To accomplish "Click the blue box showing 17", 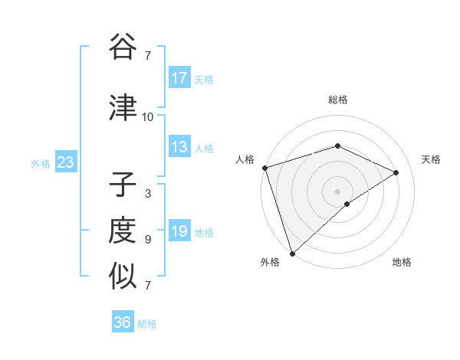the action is click(x=179, y=78).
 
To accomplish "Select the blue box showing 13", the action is click(x=179, y=147).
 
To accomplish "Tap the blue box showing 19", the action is click(x=179, y=231).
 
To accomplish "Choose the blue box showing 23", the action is click(x=65, y=162).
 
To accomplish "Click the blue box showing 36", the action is click(x=123, y=322).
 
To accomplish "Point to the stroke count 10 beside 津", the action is click(x=147, y=117).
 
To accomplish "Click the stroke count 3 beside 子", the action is click(x=147, y=194).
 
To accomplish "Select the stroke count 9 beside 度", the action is click(x=147, y=240).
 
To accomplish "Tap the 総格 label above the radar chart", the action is click(x=337, y=100).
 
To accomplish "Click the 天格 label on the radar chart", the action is click(x=431, y=159).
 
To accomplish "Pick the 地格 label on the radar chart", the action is click(x=402, y=262).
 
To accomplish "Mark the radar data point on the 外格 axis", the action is click(x=291, y=254).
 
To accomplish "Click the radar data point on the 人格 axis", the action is click(x=264, y=168).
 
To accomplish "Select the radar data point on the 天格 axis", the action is click(x=396, y=172).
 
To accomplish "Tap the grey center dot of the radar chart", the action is click(x=337, y=191).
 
